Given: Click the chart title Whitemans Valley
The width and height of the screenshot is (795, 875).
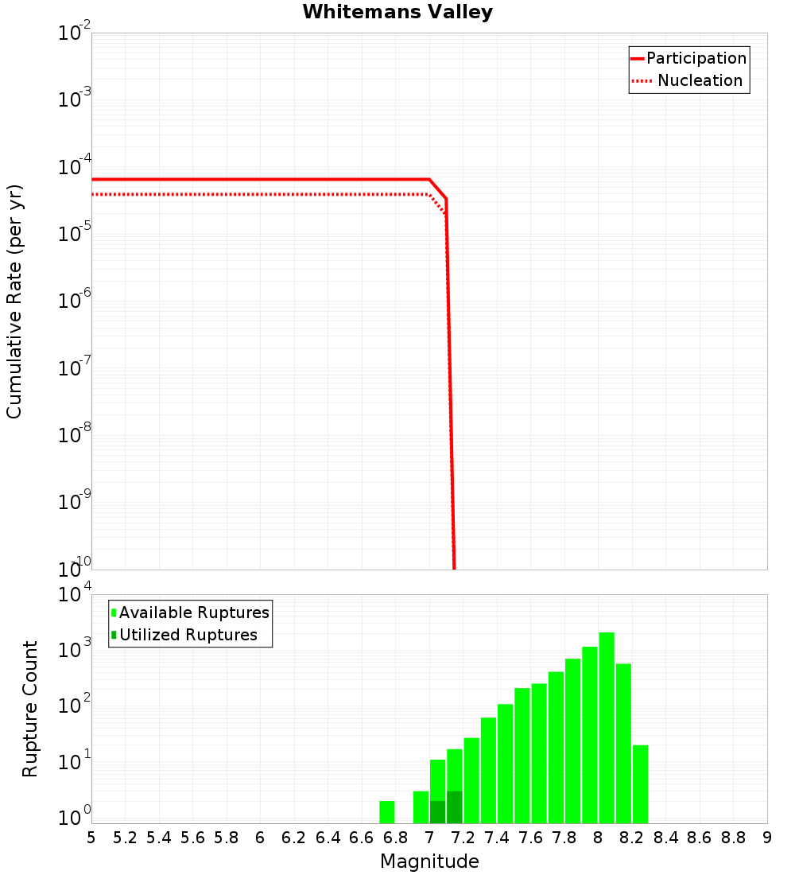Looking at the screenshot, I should tap(397, 12).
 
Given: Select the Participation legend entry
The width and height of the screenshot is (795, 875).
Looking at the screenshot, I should tap(696, 58).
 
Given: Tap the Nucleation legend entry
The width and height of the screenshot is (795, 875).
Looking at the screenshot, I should tap(700, 80).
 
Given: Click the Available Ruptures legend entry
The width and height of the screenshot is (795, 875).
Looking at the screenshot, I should tap(194, 612).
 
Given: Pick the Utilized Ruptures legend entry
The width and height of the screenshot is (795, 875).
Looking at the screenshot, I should tap(188, 635).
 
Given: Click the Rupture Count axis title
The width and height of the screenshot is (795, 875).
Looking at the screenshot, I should tap(30, 708).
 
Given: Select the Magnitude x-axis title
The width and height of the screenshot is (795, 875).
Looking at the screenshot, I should tap(429, 861).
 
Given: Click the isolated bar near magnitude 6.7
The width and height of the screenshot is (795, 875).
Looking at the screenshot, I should tap(387, 812).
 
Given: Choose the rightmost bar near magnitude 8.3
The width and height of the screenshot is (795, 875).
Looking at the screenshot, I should tap(641, 784).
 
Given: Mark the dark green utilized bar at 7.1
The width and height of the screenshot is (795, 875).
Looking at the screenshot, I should tap(455, 807).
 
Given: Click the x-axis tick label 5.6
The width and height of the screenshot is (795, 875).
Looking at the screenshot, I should tap(193, 838).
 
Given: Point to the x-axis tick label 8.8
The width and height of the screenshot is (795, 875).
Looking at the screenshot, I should tap(734, 838).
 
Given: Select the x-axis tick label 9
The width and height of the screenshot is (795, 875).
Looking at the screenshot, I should tap(767, 838).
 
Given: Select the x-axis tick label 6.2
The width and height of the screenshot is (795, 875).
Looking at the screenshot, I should tap(294, 838).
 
